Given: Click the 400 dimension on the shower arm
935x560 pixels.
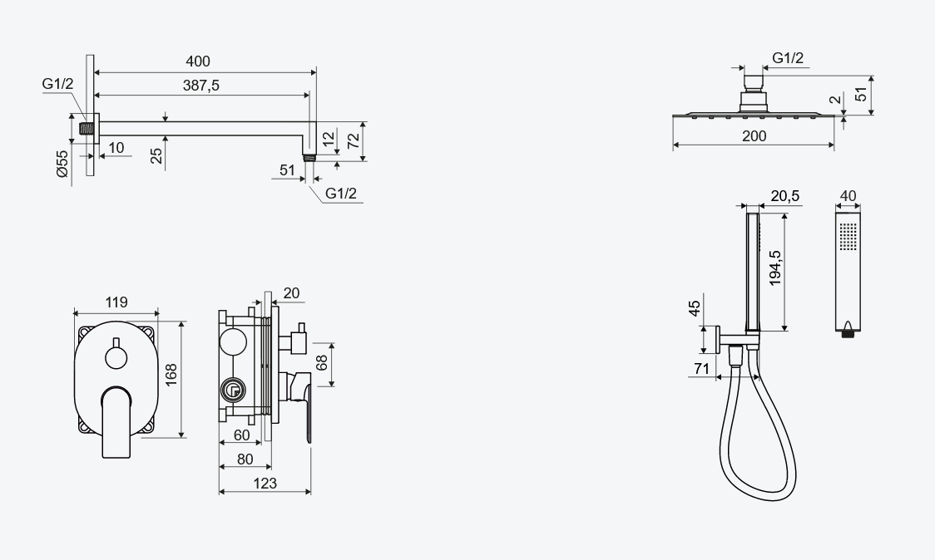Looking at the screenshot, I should click(x=198, y=61).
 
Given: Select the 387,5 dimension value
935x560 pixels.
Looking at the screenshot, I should click(x=201, y=85).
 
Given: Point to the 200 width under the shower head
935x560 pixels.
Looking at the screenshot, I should click(x=754, y=136).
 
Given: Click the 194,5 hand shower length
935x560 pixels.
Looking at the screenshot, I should click(x=775, y=268).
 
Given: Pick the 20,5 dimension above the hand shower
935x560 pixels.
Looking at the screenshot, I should click(x=785, y=196).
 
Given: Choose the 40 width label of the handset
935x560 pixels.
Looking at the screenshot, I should click(x=848, y=196).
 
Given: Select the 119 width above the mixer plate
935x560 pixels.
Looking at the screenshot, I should click(x=116, y=302).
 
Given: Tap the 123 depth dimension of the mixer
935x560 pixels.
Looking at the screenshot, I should click(x=265, y=483).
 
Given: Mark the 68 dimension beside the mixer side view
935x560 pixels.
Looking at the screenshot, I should click(x=322, y=364).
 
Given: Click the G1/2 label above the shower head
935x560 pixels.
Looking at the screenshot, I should click(x=788, y=58).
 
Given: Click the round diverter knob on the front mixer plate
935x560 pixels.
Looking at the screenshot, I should click(x=116, y=358).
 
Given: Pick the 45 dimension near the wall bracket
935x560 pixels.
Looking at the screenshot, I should click(x=694, y=310).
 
